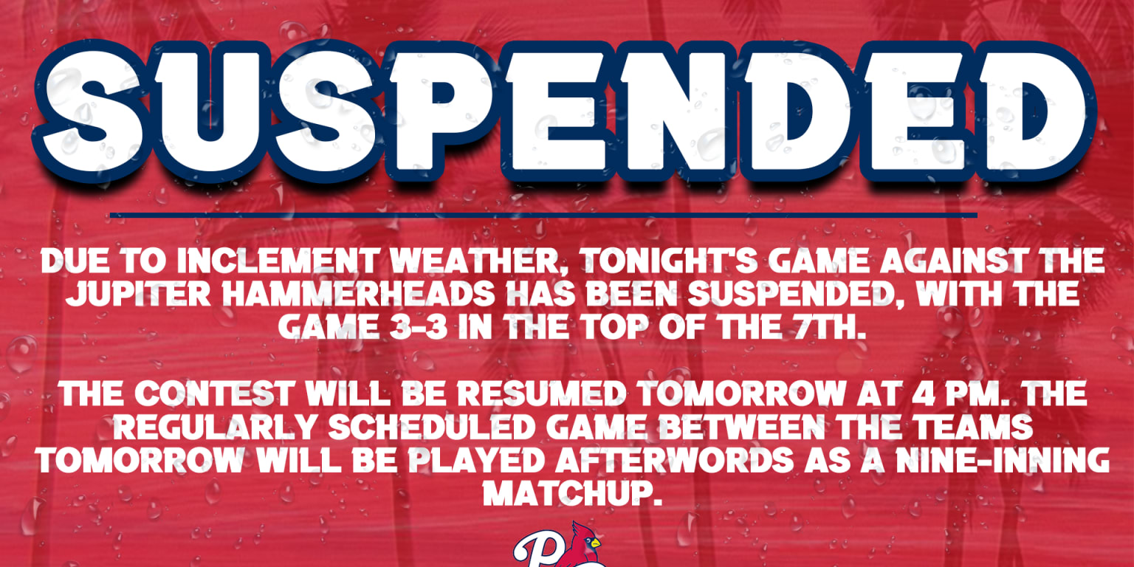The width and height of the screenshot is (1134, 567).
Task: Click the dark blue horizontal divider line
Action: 543,216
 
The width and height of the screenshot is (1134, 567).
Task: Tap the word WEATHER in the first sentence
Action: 477,263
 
